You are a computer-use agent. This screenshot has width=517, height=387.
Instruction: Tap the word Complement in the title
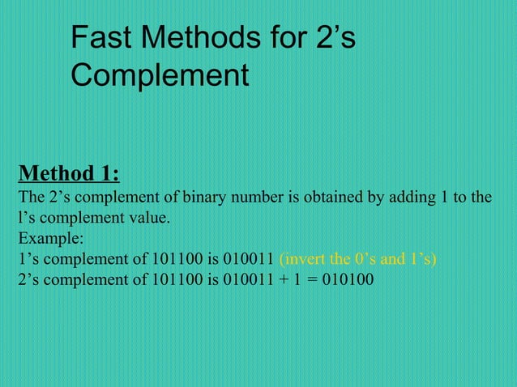[160, 76]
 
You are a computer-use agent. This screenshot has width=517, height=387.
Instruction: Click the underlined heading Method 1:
[69, 173]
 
